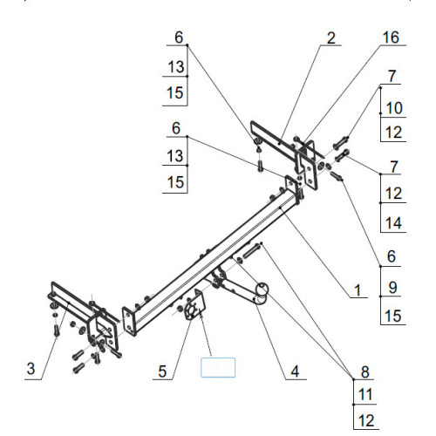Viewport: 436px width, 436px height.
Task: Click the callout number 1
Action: (x=358, y=290)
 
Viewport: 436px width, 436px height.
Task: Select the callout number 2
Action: (x=331, y=38)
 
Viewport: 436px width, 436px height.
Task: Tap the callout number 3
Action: (x=31, y=369)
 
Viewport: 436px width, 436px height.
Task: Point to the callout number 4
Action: (x=295, y=371)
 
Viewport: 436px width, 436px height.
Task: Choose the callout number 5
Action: (x=162, y=371)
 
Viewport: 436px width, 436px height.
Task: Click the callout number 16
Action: (x=391, y=37)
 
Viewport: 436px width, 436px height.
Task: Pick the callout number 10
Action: (x=394, y=108)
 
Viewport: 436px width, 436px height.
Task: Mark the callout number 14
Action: (x=393, y=223)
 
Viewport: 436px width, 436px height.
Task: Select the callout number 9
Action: (x=392, y=288)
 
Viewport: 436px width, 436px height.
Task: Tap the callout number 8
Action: (x=365, y=371)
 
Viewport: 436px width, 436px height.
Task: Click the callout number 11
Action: (x=365, y=395)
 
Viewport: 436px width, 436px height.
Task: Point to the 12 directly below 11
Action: (x=366, y=420)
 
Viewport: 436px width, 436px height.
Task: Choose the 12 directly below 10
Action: (x=393, y=133)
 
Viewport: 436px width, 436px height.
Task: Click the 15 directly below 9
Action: (x=392, y=316)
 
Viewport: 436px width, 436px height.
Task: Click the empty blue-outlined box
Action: (x=218, y=368)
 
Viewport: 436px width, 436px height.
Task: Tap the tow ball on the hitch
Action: (x=262, y=290)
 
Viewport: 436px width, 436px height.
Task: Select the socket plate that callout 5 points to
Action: (x=195, y=304)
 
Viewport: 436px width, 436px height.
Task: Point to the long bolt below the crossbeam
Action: (x=252, y=251)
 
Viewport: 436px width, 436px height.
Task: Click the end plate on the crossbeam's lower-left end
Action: (x=129, y=321)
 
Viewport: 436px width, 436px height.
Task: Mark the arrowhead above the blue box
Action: (x=201, y=313)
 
